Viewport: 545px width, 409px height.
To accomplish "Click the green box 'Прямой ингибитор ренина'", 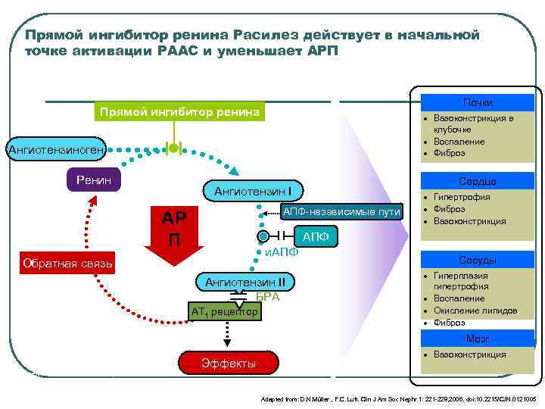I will click(178, 112).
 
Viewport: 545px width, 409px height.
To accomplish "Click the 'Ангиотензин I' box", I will click(259, 190).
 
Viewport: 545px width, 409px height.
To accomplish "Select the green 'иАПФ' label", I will click(281, 251).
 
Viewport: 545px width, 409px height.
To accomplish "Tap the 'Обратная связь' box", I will click(68, 264).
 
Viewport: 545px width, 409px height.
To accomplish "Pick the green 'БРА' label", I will click(267, 296).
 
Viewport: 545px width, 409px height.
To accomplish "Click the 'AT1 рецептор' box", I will click(224, 311).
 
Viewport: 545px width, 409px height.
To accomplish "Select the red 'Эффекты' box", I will click(229, 364).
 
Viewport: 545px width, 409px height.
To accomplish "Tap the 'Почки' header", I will click(478, 102).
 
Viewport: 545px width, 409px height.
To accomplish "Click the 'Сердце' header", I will click(478, 181).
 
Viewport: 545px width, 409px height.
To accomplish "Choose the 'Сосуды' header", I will click(478, 259).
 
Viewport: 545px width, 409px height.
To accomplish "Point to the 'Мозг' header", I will click(478, 339).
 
